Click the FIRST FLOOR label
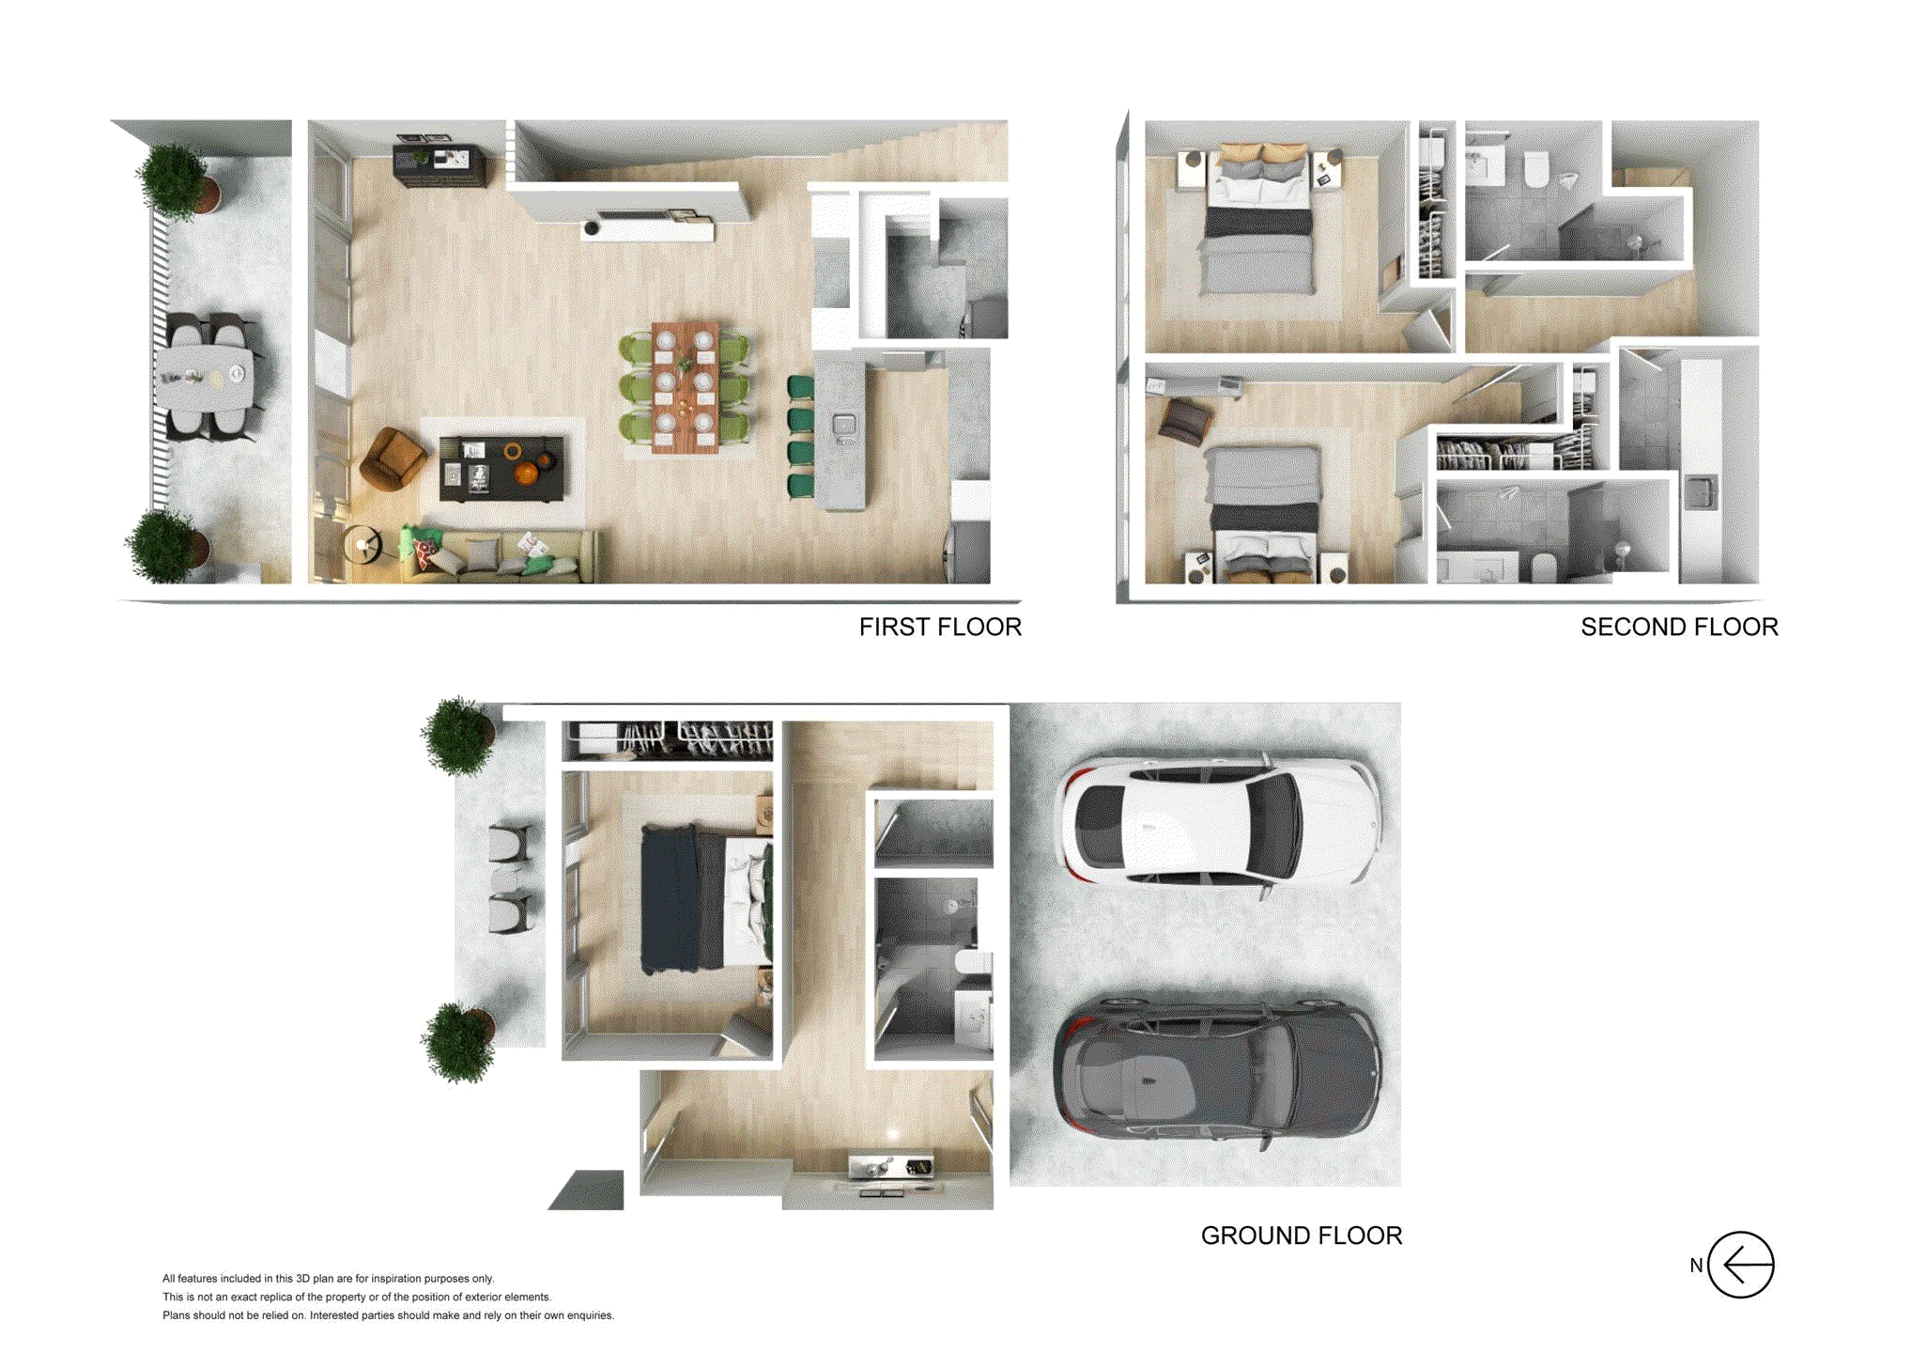click(939, 627)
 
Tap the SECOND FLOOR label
click(1678, 627)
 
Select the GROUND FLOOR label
click(1301, 1236)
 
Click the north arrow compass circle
click(1740, 1265)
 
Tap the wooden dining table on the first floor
click(685, 387)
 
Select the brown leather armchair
click(391, 458)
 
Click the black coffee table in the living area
click(501, 467)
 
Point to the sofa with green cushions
click(498, 555)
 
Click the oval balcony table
click(204, 377)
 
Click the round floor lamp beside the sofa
click(362, 544)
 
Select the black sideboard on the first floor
click(439, 164)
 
